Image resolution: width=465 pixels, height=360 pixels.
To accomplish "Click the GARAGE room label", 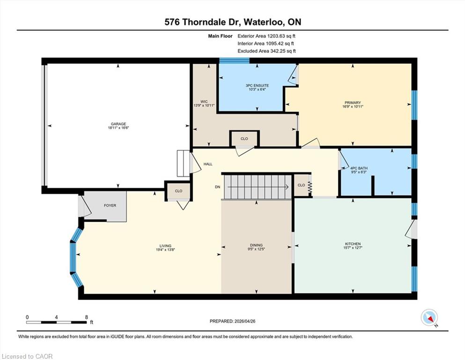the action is point(118,124).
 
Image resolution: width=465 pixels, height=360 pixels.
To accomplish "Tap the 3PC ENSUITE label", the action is point(257,85).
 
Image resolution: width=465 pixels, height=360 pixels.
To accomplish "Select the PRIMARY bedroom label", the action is point(353,103).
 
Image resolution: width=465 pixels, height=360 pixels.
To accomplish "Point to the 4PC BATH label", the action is point(359,168).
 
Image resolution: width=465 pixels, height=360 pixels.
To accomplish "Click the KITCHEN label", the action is point(353,244).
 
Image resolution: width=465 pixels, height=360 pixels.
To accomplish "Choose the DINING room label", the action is point(256,245).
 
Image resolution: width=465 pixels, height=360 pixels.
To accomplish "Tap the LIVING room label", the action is point(165,246).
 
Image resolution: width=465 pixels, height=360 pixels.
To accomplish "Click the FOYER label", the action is point(110,205).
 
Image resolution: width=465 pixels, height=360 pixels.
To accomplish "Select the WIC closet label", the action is point(204,102).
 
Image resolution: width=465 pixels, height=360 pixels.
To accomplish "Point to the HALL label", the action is point(208,164).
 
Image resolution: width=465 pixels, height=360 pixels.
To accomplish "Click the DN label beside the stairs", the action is point(218,187).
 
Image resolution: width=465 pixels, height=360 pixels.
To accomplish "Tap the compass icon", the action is point(429,317).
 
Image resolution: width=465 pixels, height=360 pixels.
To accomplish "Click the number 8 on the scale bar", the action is point(87,317).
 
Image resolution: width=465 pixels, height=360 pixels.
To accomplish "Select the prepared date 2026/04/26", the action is point(245,321).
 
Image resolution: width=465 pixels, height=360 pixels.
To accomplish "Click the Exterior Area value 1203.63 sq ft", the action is point(281,36).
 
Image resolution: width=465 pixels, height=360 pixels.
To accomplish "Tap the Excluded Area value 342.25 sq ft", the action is point(283,51).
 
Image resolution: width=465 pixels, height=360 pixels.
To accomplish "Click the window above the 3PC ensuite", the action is point(234,61).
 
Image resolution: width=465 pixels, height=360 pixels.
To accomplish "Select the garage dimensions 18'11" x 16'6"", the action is point(118,128).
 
